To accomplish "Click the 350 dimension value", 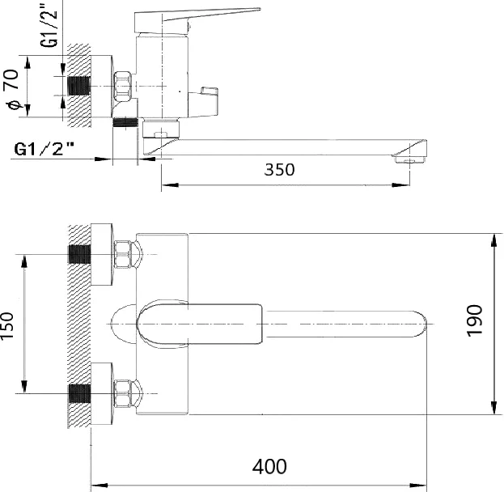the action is (279, 170).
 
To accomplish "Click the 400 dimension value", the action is (269, 467).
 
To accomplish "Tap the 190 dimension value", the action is (474, 320).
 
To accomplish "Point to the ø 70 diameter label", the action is (12, 89).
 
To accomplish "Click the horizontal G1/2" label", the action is (44, 149).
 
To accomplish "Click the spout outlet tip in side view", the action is (409, 159).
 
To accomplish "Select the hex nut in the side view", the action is (123, 87).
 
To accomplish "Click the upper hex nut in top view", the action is (123, 254).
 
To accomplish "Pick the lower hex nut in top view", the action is (123, 393).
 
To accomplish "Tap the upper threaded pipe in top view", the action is (80, 254).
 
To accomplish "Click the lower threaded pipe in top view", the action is (80, 393).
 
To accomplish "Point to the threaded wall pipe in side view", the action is (78, 86).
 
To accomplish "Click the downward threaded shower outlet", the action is (125, 122).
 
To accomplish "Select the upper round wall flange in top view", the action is (102, 254).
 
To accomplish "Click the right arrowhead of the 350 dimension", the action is (401, 184).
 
